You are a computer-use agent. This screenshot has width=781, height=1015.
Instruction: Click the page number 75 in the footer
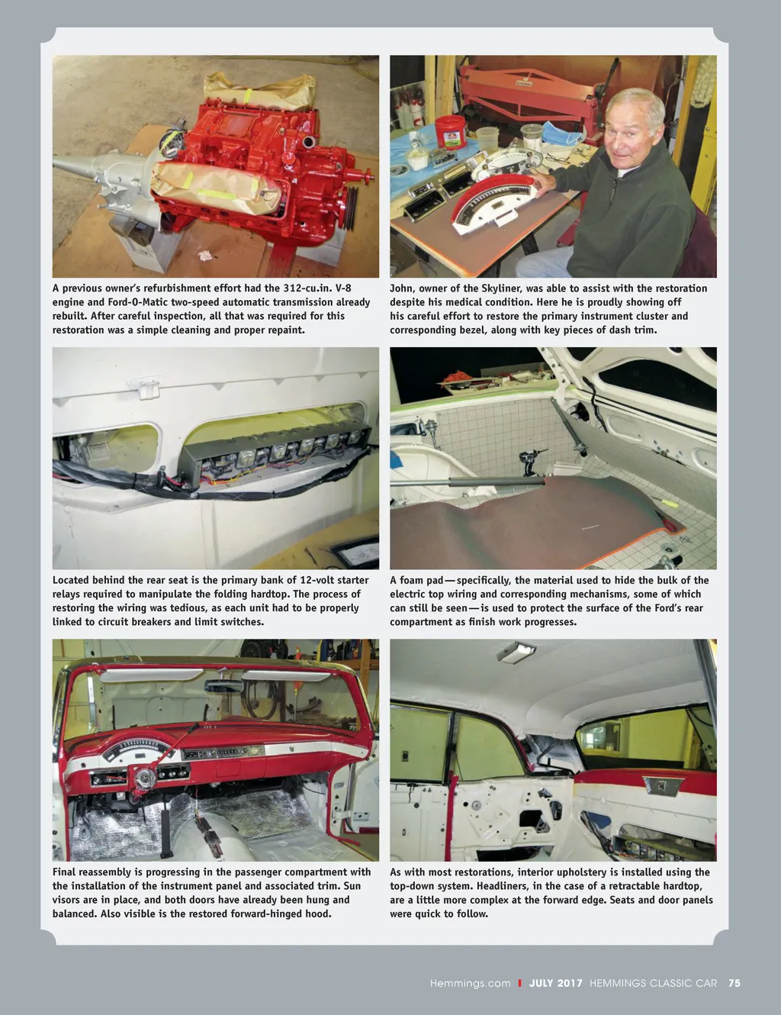[x=734, y=983]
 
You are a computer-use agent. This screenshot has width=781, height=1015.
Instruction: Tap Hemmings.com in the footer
[x=470, y=983]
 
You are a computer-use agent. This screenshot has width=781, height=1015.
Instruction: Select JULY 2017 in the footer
[x=555, y=983]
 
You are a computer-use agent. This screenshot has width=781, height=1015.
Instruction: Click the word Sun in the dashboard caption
[x=352, y=886]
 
